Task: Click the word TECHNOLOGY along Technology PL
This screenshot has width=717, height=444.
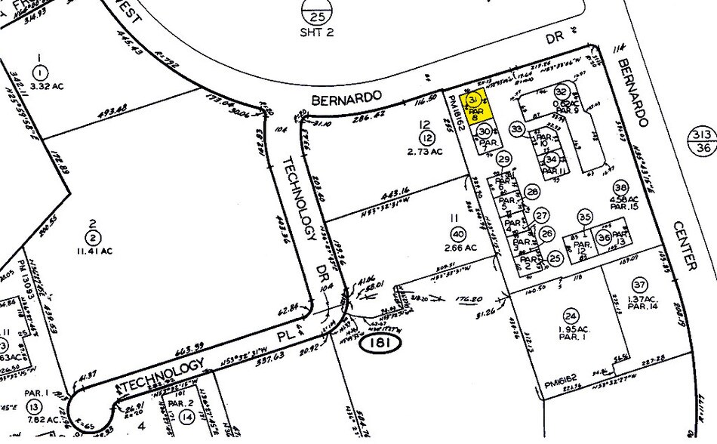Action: point(162,375)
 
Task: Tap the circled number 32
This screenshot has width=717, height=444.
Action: point(562,91)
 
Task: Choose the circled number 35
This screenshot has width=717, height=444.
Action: point(584,217)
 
